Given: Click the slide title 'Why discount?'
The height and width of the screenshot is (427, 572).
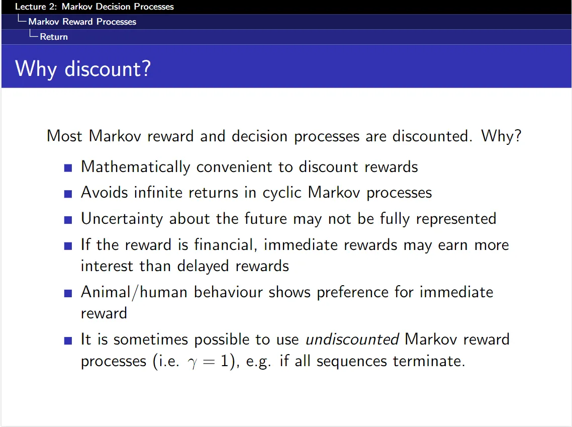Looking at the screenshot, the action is [x=83, y=68].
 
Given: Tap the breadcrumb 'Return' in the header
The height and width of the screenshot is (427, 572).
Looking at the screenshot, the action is [x=54, y=37].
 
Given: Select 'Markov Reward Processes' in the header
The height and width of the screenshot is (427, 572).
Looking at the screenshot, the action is [x=82, y=22].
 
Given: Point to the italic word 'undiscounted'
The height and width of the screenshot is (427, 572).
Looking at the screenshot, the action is [x=352, y=339].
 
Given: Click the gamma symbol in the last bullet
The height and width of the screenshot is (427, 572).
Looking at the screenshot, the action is [x=192, y=363].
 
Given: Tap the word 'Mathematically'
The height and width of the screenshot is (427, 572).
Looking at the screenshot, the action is [x=135, y=167].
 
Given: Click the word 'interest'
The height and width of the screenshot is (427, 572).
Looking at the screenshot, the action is [x=107, y=266].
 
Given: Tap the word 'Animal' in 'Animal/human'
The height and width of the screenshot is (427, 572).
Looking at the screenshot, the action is [x=106, y=292].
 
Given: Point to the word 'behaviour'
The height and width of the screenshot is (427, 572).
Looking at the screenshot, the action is [x=228, y=292].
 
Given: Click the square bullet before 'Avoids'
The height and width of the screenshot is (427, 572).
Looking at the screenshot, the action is [x=68, y=194].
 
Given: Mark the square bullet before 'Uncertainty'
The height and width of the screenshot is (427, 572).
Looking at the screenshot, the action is [x=68, y=220].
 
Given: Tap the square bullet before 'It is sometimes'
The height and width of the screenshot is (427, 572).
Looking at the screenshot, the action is [x=68, y=340].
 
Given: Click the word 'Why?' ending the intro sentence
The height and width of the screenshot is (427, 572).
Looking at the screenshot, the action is [x=501, y=136].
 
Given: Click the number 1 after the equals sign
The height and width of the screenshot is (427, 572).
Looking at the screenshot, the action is [x=225, y=361].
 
